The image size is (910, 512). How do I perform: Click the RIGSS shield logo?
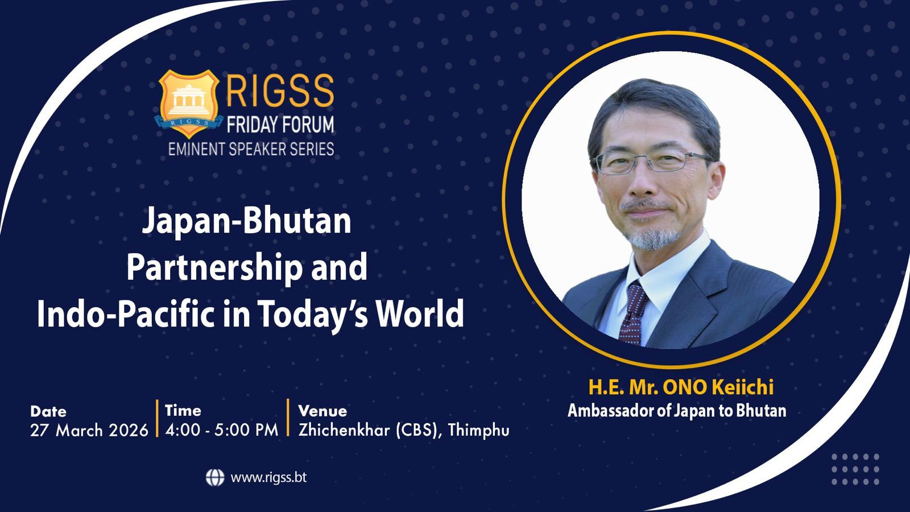click(188, 104)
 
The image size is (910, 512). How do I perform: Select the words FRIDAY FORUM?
click(280, 125)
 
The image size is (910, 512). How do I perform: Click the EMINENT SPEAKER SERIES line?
click(251, 149)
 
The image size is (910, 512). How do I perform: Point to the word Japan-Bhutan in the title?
click(247, 222)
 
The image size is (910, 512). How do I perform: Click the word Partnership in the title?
click(214, 268)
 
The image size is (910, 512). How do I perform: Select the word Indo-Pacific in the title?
click(126, 314)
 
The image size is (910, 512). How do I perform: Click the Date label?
click(48, 412)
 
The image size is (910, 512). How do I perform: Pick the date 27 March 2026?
click(89, 430)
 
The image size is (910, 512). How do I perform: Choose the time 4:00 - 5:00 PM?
click(222, 430)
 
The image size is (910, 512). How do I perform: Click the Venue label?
click(322, 411)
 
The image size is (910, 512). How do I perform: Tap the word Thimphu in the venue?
click(478, 431)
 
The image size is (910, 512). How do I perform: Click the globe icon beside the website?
click(215, 477)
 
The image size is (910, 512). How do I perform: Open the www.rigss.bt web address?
click(268, 477)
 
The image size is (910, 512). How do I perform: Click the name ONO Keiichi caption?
click(718, 387)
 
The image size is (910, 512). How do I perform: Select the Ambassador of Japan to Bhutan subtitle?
click(677, 411)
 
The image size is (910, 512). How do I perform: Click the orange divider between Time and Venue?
click(288, 418)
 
